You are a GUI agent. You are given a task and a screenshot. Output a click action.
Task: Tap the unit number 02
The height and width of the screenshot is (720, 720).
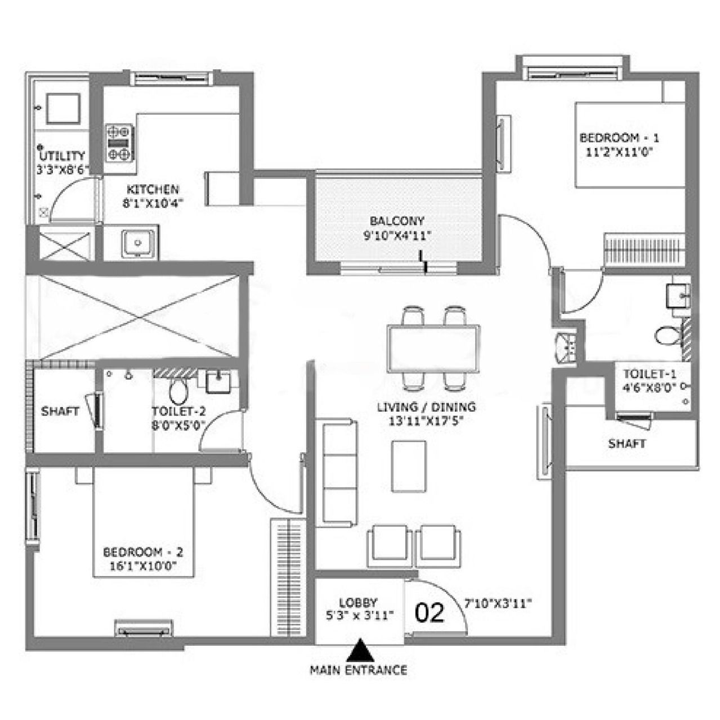coord(430,613)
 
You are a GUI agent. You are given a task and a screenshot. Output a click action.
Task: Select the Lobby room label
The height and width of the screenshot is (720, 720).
coord(359,602)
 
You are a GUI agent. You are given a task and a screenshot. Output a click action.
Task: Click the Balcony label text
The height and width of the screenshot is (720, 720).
coord(397,221)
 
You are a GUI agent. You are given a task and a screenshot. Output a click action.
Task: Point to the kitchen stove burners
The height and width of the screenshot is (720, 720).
coord(119,143)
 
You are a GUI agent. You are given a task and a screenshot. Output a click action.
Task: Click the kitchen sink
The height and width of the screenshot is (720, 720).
coord(137,242)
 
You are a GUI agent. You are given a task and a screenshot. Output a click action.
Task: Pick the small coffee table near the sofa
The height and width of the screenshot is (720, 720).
coord(409,466)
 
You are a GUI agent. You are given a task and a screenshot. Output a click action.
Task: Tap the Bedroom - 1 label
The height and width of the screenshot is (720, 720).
coord(619,138)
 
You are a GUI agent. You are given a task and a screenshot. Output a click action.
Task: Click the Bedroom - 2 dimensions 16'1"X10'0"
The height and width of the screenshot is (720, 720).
coord(143,566)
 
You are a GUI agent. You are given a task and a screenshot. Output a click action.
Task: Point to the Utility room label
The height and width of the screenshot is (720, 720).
coord(62,155)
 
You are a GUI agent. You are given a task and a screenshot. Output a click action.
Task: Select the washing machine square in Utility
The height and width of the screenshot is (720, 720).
coord(62,108)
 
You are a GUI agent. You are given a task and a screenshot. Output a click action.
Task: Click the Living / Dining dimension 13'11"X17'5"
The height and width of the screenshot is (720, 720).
coord(426,421)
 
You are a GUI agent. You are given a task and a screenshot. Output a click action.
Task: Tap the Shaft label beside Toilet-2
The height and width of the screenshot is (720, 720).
coord(60,411)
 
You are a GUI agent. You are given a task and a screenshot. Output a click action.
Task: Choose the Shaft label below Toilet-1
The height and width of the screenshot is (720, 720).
coord(627,444)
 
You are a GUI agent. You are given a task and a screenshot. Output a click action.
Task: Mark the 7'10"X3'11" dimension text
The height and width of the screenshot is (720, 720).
coord(498,604)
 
